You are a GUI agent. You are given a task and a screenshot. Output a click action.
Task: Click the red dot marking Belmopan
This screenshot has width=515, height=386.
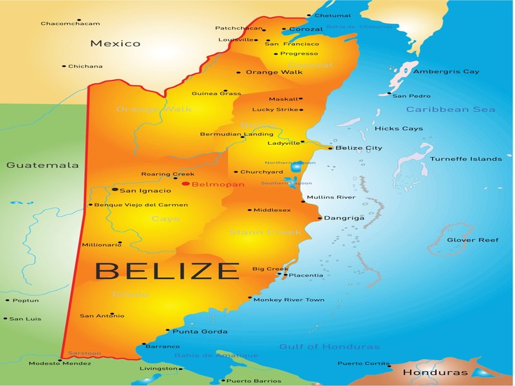185,184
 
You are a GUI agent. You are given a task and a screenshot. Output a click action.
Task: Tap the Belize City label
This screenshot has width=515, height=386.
359,148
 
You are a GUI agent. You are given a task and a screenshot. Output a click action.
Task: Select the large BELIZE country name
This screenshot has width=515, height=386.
167,270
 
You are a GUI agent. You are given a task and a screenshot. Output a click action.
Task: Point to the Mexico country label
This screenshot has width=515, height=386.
115,44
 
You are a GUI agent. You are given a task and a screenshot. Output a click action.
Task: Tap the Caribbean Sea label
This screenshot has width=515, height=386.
451,110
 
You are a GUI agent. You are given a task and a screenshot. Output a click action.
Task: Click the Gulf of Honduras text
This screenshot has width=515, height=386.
329,347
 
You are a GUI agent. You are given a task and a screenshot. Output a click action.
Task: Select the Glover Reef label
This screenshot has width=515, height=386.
473,240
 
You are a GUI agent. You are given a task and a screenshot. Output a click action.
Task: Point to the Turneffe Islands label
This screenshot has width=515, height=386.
466,159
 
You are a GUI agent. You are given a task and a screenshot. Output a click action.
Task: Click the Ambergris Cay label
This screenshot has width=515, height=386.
446,71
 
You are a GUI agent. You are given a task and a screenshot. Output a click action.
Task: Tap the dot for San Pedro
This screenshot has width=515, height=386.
389,94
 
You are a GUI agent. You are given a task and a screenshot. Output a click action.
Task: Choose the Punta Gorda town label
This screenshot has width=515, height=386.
200,331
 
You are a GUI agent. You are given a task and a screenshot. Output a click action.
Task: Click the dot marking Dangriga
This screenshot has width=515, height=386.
320,218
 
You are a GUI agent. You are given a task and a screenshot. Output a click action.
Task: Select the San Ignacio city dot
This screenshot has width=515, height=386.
115,190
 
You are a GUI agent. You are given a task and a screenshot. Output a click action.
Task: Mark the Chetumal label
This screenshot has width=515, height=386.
333,15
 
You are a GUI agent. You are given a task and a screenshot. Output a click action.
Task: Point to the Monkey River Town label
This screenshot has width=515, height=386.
289,300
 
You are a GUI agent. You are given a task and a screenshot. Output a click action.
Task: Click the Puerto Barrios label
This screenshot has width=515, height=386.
254,381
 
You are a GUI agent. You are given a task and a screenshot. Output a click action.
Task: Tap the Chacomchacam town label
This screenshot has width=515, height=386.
70,24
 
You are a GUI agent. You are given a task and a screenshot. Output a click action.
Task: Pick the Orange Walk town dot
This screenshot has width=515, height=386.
239,73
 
